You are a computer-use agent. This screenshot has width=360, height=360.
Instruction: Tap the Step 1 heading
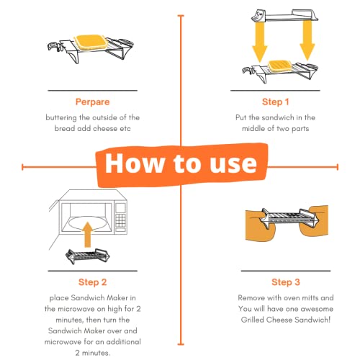coord(271,102)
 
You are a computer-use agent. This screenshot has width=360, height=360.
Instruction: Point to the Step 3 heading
coord(271,282)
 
